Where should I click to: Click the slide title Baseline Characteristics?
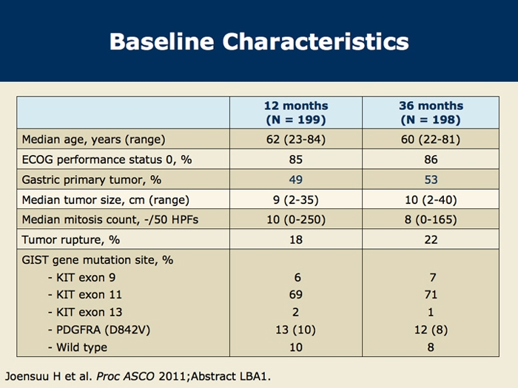point(258,41)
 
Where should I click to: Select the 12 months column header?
point(296,112)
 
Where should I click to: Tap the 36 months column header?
point(431,112)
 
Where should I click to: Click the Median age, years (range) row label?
point(94,140)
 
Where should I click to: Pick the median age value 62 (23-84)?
point(296,140)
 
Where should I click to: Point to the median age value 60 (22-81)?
point(431,140)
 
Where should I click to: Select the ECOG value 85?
point(296,160)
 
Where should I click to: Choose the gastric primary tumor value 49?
point(296,180)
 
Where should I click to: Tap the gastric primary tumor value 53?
point(431,180)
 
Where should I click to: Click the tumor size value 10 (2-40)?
point(431,200)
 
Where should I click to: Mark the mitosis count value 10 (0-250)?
point(296,219)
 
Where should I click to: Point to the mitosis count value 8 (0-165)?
point(431,219)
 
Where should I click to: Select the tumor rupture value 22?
point(431,239)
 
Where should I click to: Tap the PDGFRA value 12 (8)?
point(431,330)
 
